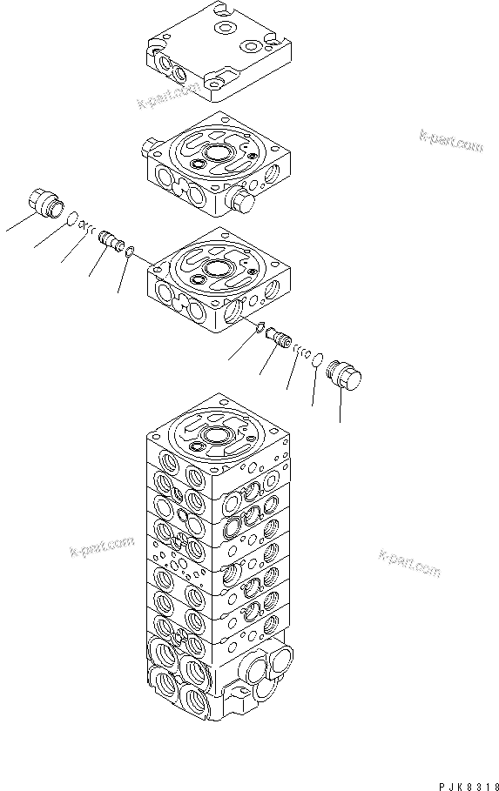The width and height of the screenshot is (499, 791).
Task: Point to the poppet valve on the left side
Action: click(108, 238)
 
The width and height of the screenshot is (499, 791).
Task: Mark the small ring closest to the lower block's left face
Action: click(130, 252)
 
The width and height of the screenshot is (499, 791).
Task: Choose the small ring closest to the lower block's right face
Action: click(259, 326)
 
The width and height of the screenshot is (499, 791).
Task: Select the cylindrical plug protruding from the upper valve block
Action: click(243, 201)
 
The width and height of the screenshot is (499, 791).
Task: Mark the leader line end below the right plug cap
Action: click(341, 421)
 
